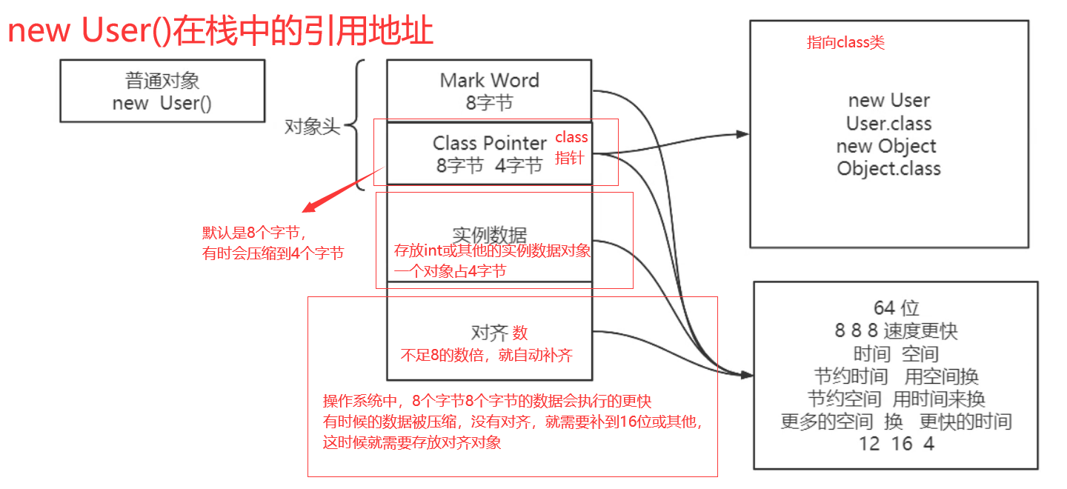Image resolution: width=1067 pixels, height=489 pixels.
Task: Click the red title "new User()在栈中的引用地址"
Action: [220, 32]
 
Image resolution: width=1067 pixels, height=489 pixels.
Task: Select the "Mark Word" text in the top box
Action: [489, 80]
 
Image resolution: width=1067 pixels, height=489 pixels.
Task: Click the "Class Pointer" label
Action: [490, 142]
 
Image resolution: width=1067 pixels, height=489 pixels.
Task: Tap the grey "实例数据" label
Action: [489, 235]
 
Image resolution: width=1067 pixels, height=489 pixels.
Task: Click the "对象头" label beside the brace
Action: [312, 127]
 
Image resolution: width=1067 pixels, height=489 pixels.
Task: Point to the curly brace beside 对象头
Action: [358, 125]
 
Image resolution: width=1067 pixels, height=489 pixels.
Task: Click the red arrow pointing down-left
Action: [333, 194]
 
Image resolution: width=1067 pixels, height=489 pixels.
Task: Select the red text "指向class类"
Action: [845, 43]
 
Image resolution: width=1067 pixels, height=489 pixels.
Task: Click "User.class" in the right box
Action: [888, 123]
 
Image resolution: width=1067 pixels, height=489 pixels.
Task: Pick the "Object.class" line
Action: [888, 168]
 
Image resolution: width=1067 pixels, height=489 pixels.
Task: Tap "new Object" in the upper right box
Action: [886, 146]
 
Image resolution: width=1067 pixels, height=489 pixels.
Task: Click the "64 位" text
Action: [897, 307]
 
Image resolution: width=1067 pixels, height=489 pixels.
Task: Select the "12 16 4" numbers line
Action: [897, 444]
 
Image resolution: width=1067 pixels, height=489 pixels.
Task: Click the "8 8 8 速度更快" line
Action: [897, 330]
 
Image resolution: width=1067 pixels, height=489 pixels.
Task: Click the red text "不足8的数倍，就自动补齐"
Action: [487, 355]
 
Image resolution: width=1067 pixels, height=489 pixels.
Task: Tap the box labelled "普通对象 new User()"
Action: [162, 91]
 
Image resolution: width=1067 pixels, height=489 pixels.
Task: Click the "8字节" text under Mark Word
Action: [489, 103]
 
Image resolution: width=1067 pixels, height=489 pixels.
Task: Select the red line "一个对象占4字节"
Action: [450, 271]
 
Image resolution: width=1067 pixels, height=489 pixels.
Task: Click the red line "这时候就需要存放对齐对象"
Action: [412, 443]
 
